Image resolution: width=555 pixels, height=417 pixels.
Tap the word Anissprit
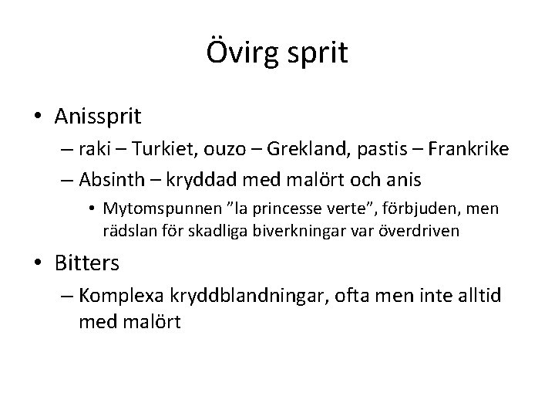click(98, 117)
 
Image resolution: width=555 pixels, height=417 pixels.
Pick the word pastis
click(366, 151)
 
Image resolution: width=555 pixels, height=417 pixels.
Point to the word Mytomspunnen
click(154, 208)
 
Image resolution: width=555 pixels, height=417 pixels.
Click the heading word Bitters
click(87, 263)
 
